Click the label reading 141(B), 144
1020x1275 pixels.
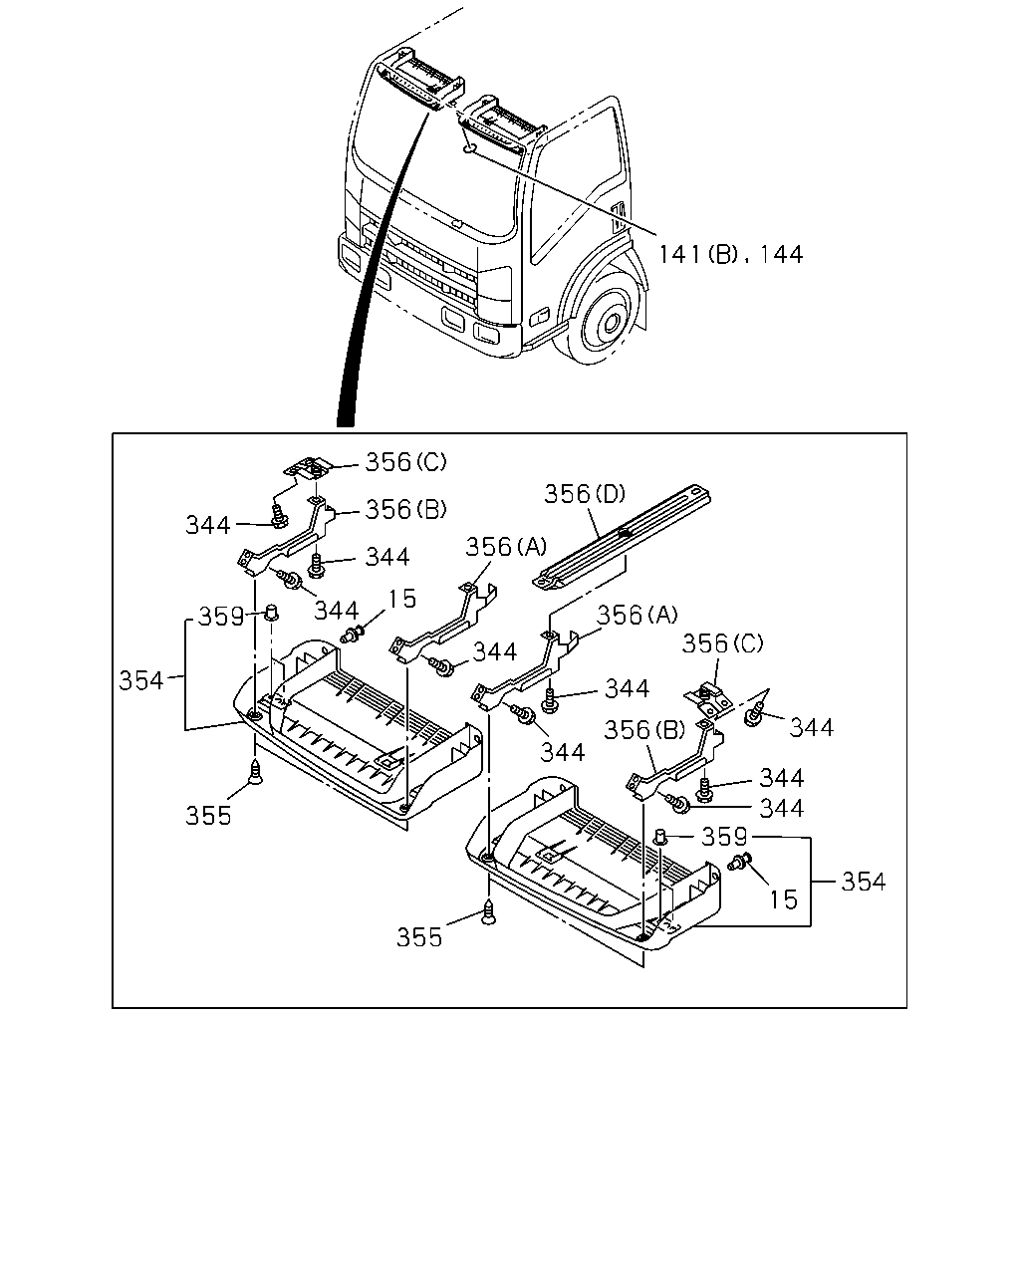[x=731, y=255]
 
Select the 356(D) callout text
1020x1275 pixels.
[x=585, y=493]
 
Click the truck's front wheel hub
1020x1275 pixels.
[x=609, y=324]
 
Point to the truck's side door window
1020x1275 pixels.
[x=576, y=183]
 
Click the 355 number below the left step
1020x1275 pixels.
[x=208, y=816]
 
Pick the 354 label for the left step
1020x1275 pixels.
[x=141, y=680]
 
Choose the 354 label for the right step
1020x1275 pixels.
[x=864, y=882]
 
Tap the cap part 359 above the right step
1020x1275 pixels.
[x=660, y=837]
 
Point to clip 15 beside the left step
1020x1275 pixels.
[x=353, y=634]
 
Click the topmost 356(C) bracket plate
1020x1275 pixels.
[x=309, y=466]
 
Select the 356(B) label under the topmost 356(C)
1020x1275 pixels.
[x=405, y=509]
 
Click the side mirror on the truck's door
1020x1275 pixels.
[x=619, y=217]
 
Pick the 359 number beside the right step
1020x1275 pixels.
[x=724, y=837]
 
